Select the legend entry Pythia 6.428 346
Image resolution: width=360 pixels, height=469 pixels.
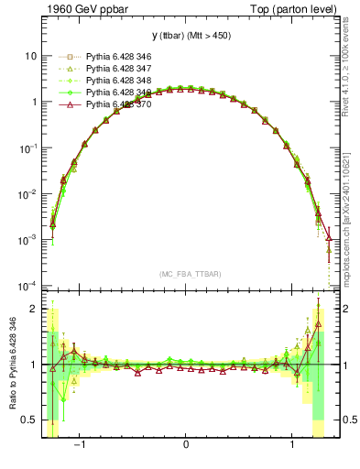point(113,58)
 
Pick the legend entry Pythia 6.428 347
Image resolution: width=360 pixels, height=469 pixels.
point(113,70)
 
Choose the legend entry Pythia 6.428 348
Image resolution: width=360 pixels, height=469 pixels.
point(113,82)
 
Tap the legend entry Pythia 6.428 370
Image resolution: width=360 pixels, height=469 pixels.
point(113,105)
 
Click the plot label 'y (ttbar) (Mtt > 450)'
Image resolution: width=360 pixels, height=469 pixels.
point(185,36)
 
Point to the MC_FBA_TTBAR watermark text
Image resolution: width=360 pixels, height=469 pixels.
point(185,274)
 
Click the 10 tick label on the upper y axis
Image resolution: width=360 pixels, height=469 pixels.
point(30,56)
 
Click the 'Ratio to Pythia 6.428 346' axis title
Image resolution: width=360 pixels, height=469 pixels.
point(11,365)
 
